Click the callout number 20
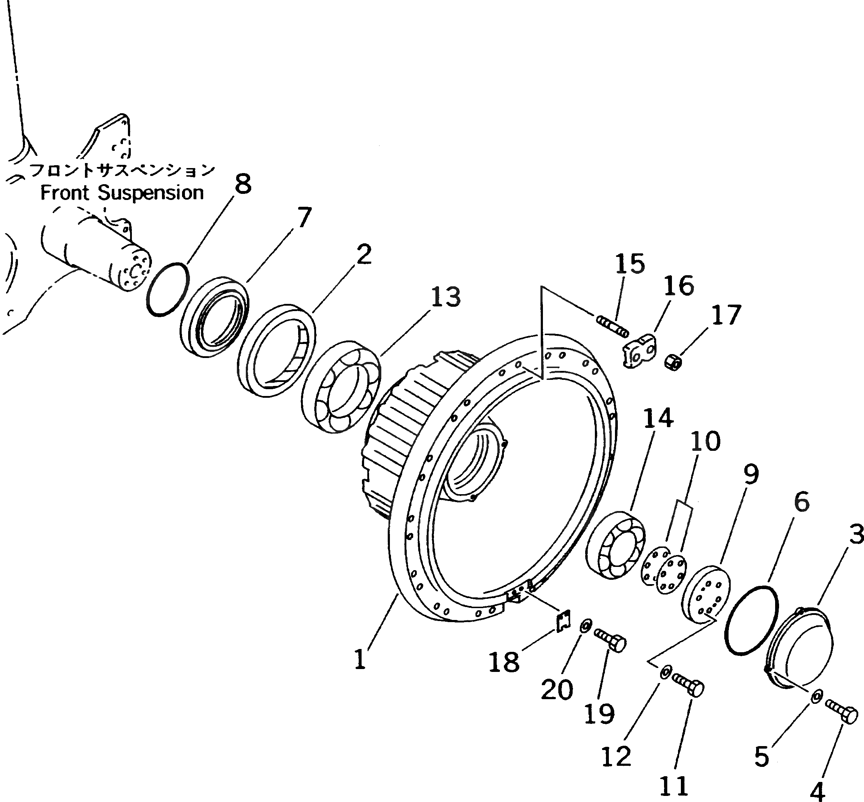click(557, 689)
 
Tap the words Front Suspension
click(122, 193)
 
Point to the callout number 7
click(304, 217)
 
